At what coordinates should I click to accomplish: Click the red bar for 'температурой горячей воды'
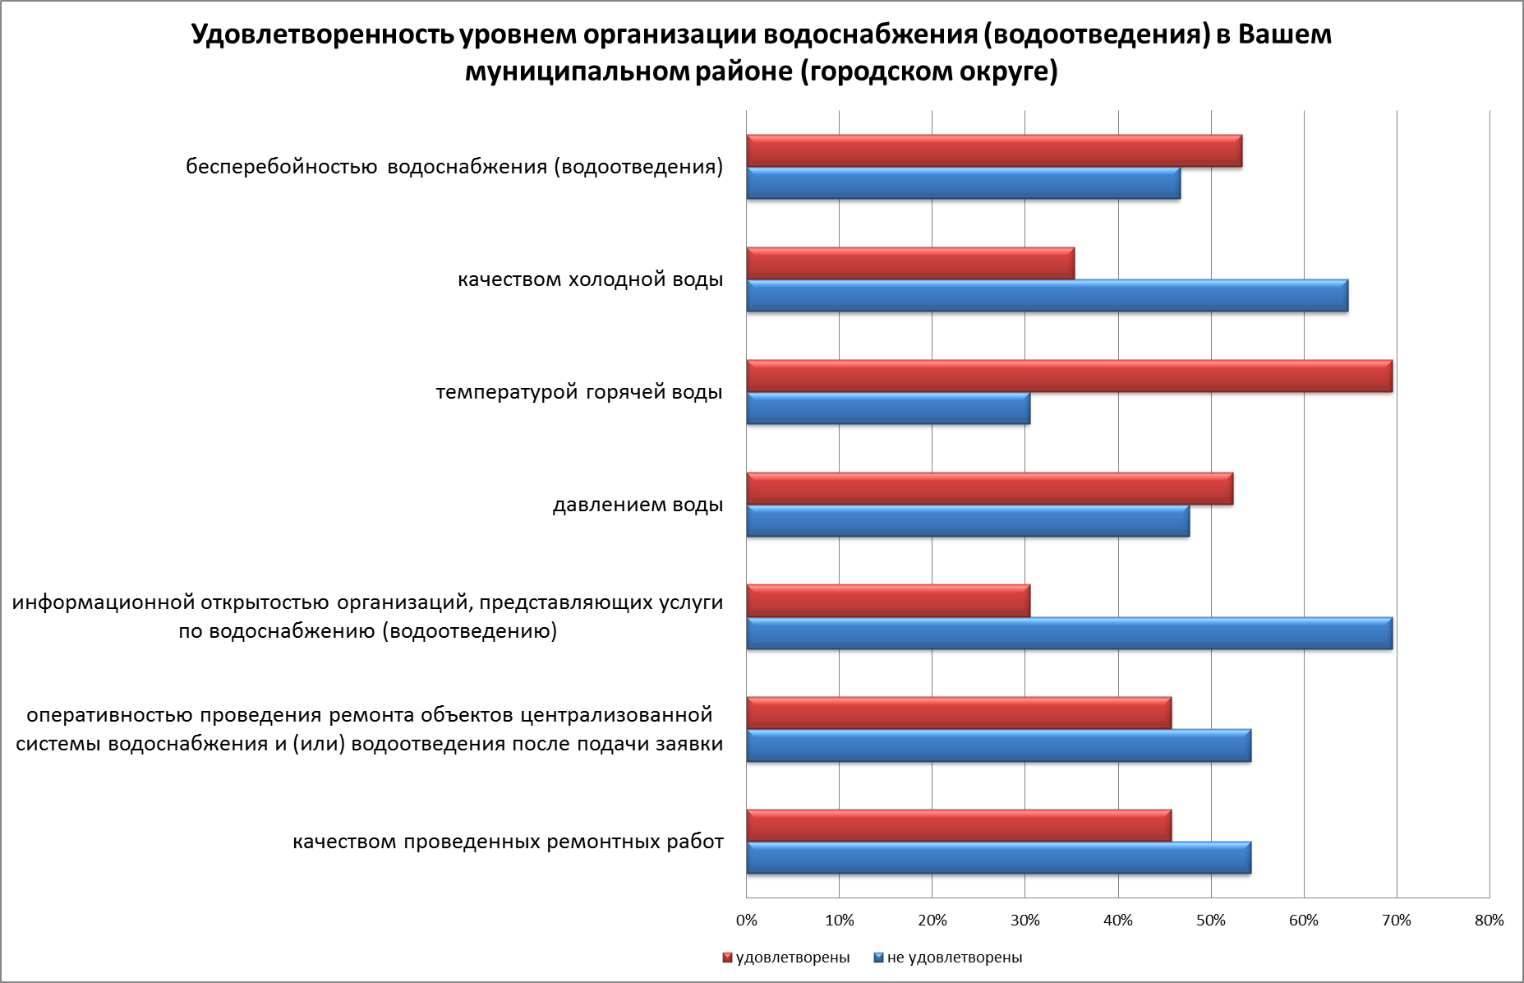[x=1068, y=376]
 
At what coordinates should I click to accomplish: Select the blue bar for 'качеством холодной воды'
[x=1047, y=296]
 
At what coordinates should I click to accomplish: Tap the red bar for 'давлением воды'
[x=989, y=489]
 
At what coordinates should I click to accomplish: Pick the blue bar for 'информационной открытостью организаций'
[x=1068, y=634]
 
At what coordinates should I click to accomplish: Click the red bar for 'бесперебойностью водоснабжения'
[x=993, y=151]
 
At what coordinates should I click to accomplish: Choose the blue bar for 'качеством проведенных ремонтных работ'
[x=998, y=858]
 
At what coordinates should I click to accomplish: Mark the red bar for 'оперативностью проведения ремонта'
[x=958, y=713]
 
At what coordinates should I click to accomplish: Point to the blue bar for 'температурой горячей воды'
[x=887, y=408]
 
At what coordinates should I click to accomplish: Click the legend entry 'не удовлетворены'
[x=954, y=958]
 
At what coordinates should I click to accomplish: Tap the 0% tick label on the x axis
[x=746, y=921]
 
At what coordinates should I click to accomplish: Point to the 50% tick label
[x=1211, y=921]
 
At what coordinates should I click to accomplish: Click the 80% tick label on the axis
[x=1489, y=921]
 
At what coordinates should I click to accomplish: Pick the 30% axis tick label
[x=1024, y=921]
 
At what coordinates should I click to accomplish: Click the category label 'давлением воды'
[x=638, y=505]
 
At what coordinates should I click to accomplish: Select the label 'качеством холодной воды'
[x=590, y=279]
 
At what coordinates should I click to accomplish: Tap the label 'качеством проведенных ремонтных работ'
[x=508, y=842]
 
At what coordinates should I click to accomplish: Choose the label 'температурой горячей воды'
[x=579, y=392]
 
